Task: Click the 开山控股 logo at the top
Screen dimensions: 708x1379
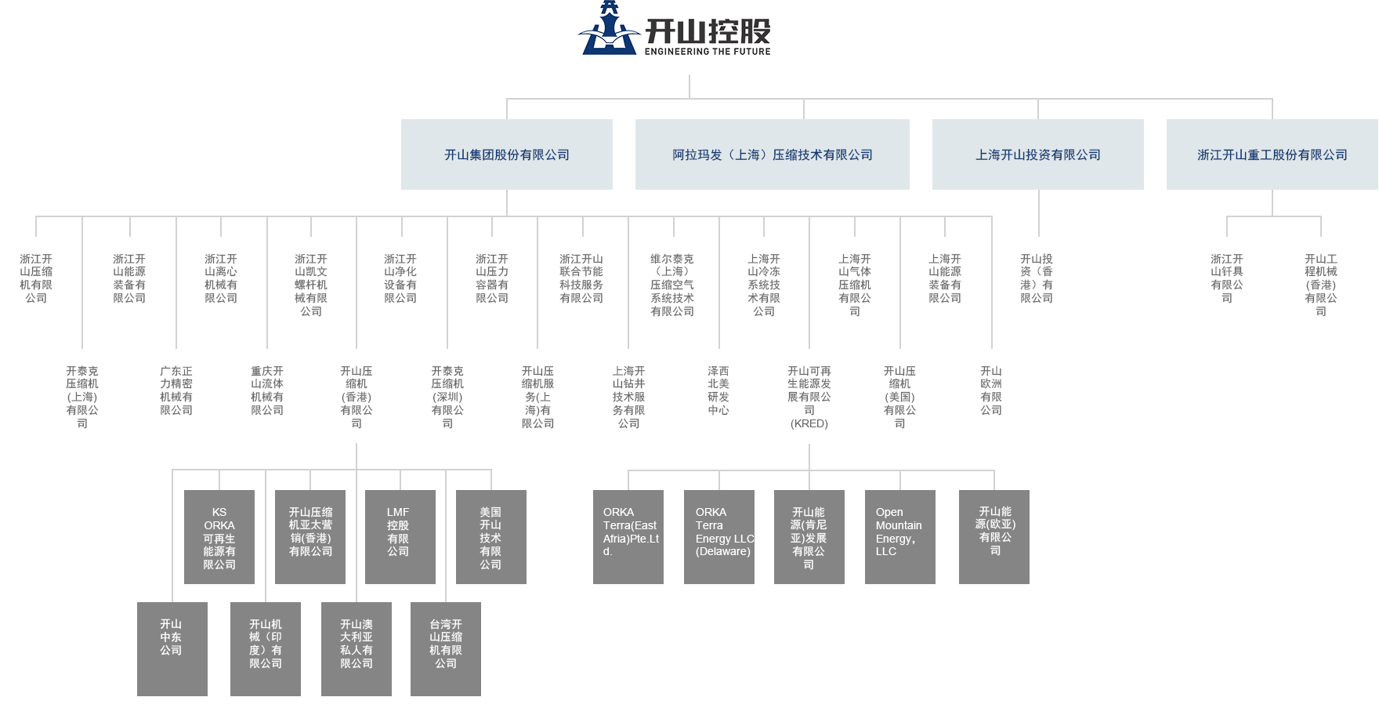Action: [674, 29]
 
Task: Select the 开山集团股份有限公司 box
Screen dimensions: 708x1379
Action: [506, 154]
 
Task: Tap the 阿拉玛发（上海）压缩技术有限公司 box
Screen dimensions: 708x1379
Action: [772, 154]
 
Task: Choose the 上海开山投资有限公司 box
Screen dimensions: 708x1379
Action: [1037, 154]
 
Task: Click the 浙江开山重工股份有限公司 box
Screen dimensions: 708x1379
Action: [1271, 154]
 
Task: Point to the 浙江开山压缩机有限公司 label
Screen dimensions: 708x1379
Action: [36, 278]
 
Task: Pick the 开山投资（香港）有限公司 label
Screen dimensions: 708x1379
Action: [1037, 278]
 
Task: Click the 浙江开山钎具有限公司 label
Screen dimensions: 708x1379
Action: [1227, 278]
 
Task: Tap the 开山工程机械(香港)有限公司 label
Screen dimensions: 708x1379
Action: [1321, 285]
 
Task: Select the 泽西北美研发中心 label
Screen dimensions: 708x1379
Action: [718, 390]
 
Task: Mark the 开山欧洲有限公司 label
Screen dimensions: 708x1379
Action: [991, 390]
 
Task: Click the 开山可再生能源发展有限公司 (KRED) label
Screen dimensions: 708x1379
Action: [809, 397]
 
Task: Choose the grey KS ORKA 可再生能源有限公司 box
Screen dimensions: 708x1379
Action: [219, 537]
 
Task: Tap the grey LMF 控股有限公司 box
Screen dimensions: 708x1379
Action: [399, 537]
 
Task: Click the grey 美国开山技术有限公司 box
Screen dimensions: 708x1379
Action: [490, 537]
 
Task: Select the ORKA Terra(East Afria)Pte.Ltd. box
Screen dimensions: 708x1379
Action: [628, 537]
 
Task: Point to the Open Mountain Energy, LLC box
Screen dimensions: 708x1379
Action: [899, 537]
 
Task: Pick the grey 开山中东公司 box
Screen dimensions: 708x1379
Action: [172, 648]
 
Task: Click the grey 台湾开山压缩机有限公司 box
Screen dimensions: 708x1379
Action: [445, 648]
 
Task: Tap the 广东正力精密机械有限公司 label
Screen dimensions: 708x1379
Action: [176, 390]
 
